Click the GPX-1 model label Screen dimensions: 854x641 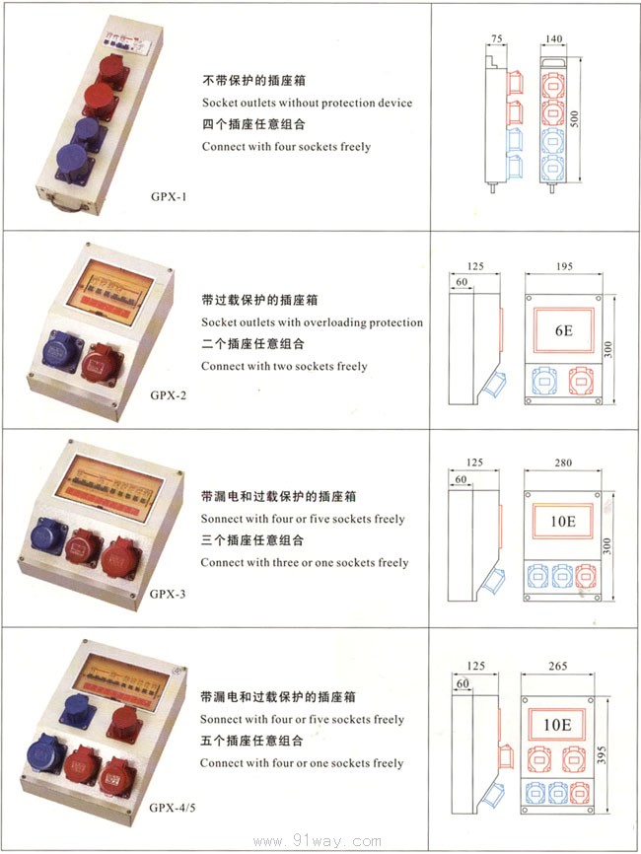point(169,195)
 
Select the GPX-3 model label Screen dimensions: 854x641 point(169,594)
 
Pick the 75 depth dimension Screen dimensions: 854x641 point(496,37)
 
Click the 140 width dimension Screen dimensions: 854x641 point(553,37)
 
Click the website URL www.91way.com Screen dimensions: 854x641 point(317,841)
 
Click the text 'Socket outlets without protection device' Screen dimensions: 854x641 point(307,103)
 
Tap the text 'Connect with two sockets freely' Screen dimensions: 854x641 point(284,366)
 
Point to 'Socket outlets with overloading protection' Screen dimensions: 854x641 point(312,322)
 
